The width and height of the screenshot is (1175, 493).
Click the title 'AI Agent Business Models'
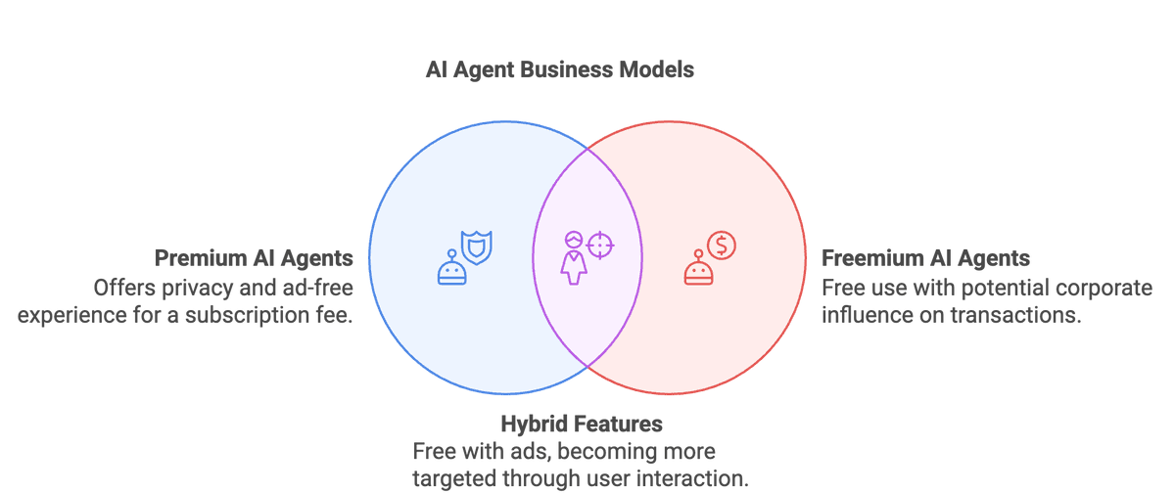(559, 70)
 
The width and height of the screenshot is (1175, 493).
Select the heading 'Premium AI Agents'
(254, 259)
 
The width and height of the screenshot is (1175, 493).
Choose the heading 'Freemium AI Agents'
(925, 259)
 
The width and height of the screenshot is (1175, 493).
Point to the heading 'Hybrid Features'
(582, 424)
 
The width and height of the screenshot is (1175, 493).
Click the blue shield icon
(477, 247)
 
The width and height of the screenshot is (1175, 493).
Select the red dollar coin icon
(722, 246)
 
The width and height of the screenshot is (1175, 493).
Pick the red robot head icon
(697, 270)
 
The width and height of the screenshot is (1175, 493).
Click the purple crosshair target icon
(601, 245)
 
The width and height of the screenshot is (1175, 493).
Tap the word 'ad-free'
(317, 288)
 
